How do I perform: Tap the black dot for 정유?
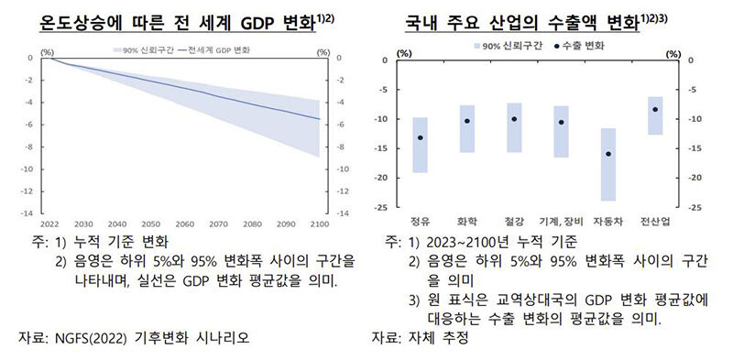(421, 137)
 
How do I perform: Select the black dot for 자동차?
(608, 154)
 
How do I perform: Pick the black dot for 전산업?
(655, 109)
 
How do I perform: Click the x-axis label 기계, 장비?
(561, 222)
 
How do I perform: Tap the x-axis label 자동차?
(608, 222)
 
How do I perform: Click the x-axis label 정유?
(421, 222)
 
